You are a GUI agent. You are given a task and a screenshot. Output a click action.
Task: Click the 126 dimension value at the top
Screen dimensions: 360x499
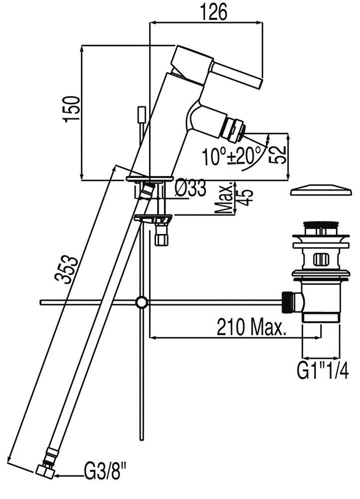pyautogui.click(x=214, y=12)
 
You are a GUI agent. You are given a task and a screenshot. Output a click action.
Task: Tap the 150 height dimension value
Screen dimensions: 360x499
pyautogui.click(x=71, y=108)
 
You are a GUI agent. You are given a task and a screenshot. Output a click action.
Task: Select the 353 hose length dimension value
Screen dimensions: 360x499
pyautogui.click(x=66, y=269)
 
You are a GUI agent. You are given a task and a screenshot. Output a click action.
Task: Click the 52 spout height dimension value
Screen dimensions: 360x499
pyautogui.click(x=278, y=155)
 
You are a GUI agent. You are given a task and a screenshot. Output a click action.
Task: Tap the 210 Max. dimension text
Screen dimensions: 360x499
pyautogui.click(x=251, y=327)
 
